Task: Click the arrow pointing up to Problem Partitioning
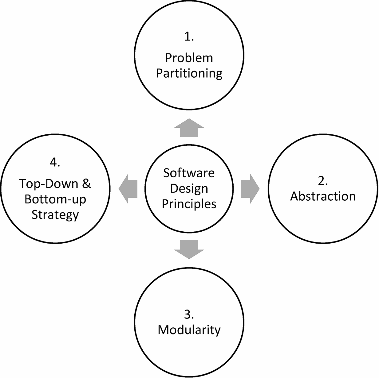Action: pyautogui.click(x=189, y=128)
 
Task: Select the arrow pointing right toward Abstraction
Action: pyautogui.click(x=250, y=189)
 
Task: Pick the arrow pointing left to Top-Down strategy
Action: pyautogui.click(x=128, y=189)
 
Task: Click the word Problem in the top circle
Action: pyautogui.click(x=189, y=58)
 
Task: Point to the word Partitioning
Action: pyautogui.click(x=189, y=74)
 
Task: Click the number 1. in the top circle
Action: pyautogui.click(x=189, y=37)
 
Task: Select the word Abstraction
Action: pyautogui.click(x=323, y=196)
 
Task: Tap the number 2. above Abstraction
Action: pyautogui.click(x=323, y=181)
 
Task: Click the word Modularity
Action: pyautogui.click(x=189, y=330)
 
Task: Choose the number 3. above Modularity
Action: pyautogui.click(x=189, y=315)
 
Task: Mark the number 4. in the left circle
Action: pyautogui.click(x=55, y=163)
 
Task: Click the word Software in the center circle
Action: pyautogui.click(x=189, y=173)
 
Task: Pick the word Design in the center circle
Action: pyautogui.click(x=189, y=188)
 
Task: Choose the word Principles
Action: pyautogui.click(x=189, y=204)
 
